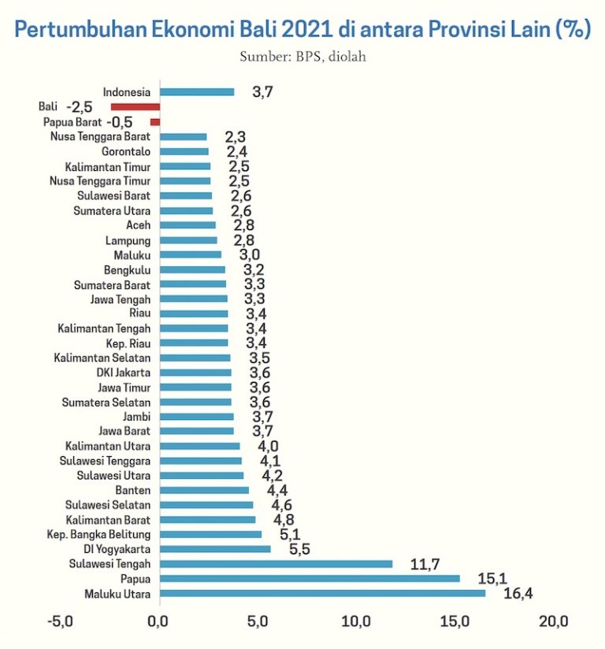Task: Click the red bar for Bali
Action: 135,106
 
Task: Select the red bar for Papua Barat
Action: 155,121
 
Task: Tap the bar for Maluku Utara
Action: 322,593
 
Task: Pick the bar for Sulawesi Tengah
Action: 276,564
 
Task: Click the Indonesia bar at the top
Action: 197,92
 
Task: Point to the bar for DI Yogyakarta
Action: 215,549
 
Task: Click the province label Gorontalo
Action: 126,151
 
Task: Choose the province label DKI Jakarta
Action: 124,373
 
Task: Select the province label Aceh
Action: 138,225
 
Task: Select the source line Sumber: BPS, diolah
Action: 302,57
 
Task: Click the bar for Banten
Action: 204,490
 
